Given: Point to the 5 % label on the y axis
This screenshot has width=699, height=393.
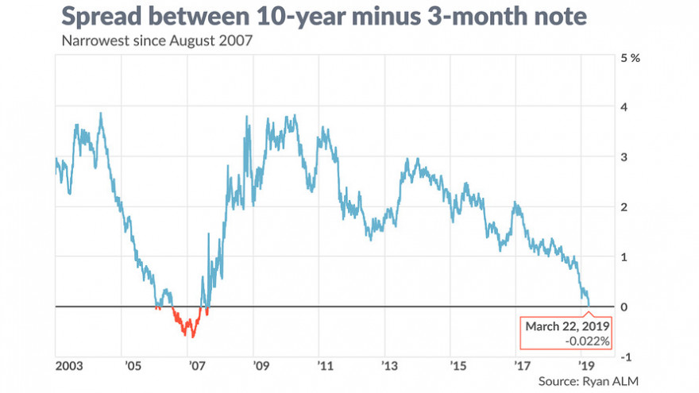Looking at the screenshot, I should (x=628, y=58).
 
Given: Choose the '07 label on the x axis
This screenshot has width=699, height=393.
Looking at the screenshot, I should (x=195, y=367).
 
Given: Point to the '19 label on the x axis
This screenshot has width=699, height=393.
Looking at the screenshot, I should (x=586, y=367).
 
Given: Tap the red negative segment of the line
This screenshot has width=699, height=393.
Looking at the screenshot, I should (x=187, y=326).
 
